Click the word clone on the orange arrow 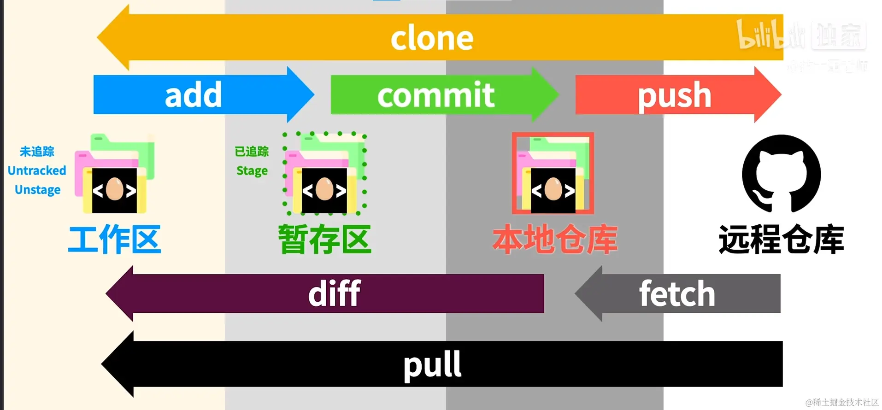pyautogui.click(x=432, y=38)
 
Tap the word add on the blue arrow pyautogui.click(x=194, y=95)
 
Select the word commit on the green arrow pyautogui.click(x=436, y=95)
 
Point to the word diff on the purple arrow pyautogui.click(x=334, y=294)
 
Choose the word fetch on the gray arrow pyautogui.click(x=676, y=294)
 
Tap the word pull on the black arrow pyautogui.click(x=432, y=364)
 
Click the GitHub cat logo pyautogui.click(x=781, y=174)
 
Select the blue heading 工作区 pyautogui.click(x=114, y=239)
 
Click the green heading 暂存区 pyautogui.click(x=325, y=239)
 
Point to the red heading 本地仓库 pyautogui.click(x=555, y=239)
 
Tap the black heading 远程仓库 pyautogui.click(x=781, y=239)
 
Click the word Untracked pyautogui.click(x=37, y=170)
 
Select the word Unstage pyautogui.click(x=37, y=190)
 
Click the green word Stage pyautogui.click(x=252, y=171)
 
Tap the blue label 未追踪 pyautogui.click(x=37, y=151)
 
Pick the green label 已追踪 pyautogui.click(x=252, y=151)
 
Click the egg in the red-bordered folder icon pyautogui.click(x=553, y=189)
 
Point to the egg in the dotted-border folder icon pyautogui.click(x=324, y=189)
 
